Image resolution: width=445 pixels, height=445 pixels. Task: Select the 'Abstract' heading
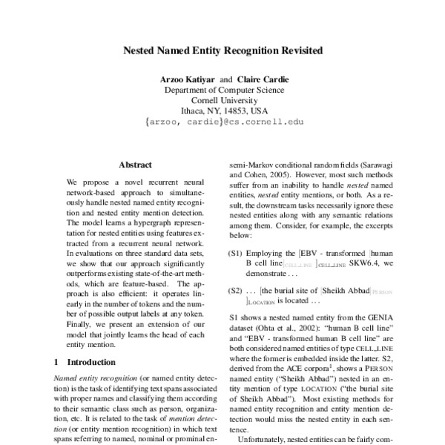(x=135, y=165)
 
